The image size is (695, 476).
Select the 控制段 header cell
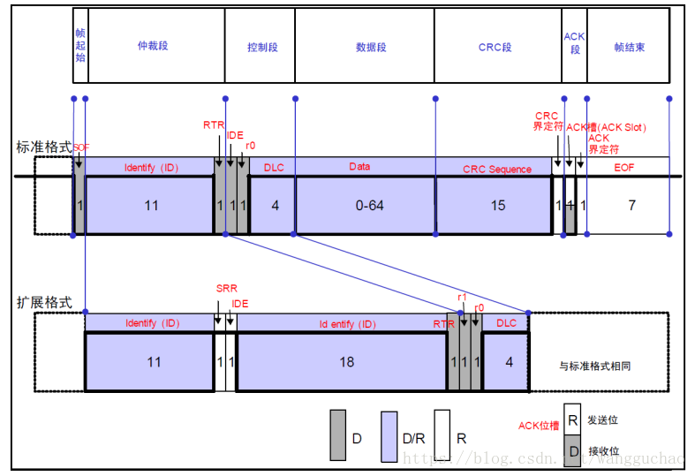click(x=262, y=46)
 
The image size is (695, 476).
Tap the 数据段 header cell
click(x=370, y=46)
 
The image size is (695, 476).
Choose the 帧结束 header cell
click(x=628, y=46)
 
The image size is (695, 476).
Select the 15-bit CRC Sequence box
click(x=497, y=205)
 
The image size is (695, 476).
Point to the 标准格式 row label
click(x=43, y=147)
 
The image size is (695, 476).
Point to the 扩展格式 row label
click(x=43, y=302)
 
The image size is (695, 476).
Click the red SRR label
click(x=227, y=288)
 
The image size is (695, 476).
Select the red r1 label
click(x=462, y=298)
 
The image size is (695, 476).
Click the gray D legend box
click(x=338, y=434)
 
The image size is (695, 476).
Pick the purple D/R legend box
click(x=389, y=436)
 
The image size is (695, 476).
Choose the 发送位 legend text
click(x=603, y=419)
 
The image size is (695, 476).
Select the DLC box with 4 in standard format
click(x=275, y=205)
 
